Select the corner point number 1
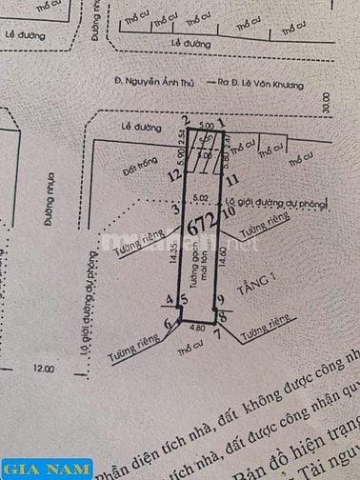click(221, 122)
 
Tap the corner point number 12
click(172, 175)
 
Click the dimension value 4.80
click(198, 327)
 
